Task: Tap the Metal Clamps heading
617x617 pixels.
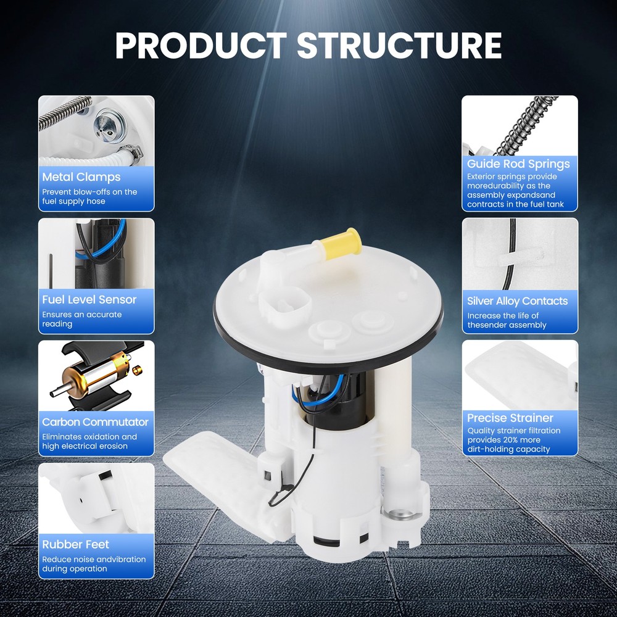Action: pyautogui.click(x=81, y=177)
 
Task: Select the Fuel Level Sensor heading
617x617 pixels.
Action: pyautogui.click(x=89, y=299)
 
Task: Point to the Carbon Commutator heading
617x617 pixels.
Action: pyautogui.click(x=95, y=422)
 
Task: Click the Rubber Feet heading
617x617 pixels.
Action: pyautogui.click(x=75, y=544)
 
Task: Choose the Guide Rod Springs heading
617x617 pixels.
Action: pyautogui.click(x=518, y=164)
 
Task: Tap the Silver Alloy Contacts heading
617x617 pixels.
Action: pyautogui.click(x=518, y=301)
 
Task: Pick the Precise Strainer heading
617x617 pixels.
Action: pyautogui.click(x=510, y=418)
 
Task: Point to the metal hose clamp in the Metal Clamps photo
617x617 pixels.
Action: pyautogui.click(x=130, y=152)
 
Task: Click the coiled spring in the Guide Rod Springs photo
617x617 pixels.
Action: pyautogui.click(x=523, y=126)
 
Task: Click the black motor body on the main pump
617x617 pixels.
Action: pyautogui.click(x=346, y=399)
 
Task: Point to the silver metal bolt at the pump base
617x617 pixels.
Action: pyautogui.click(x=397, y=513)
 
